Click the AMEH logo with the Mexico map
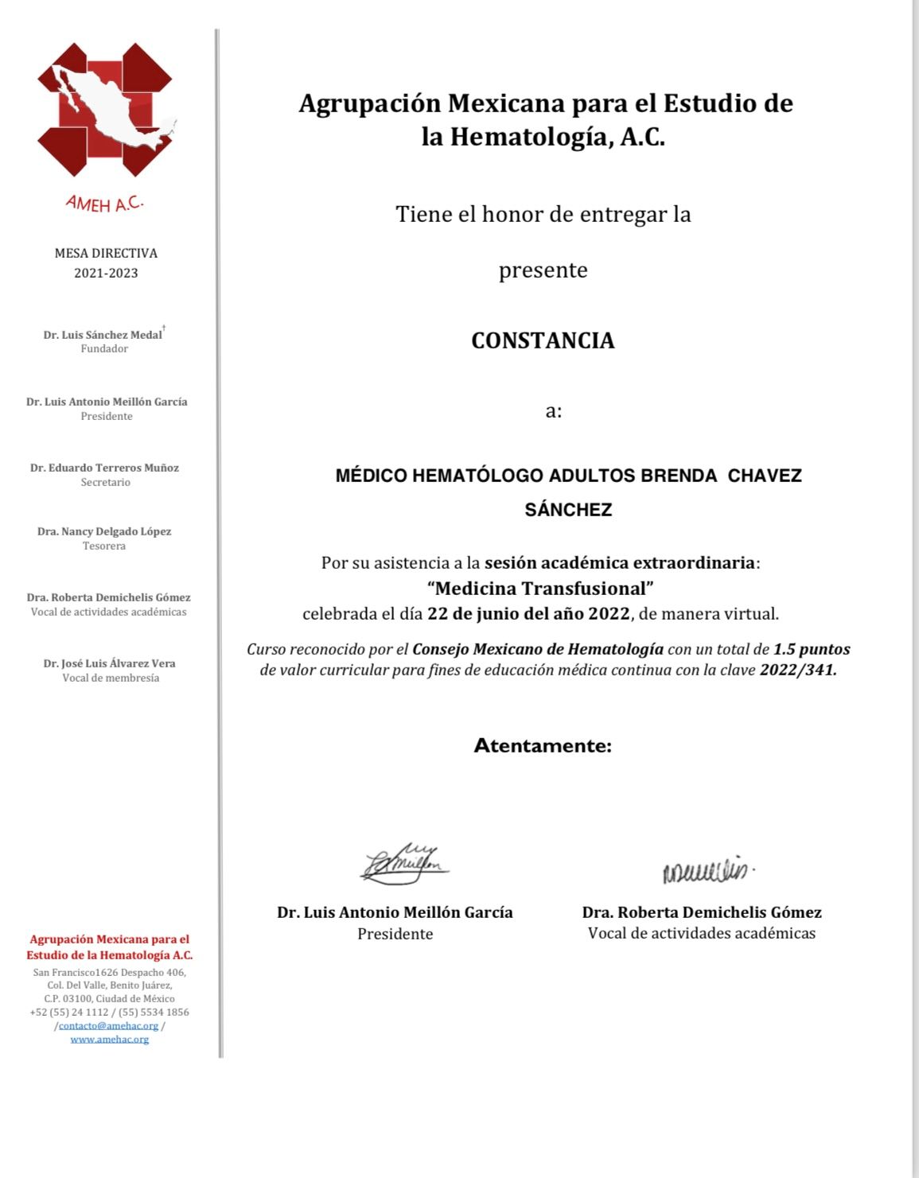[106, 110]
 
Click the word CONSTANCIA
[543, 340]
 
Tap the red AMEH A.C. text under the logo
[104, 204]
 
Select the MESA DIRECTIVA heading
[106, 253]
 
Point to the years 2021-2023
[106, 273]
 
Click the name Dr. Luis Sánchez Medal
[103, 335]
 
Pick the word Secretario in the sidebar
[105, 482]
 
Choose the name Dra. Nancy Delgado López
[104, 531]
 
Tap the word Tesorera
[104, 546]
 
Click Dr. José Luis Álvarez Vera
[110, 663]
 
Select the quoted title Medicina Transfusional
[540, 589]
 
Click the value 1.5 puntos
[812, 649]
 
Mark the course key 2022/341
[798, 670]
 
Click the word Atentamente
[543, 746]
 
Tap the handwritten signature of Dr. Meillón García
[404, 864]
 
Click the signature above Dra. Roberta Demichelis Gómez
[707, 870]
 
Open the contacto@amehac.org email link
[108, 1026]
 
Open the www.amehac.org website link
[110, 1039]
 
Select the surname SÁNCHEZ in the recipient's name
[568, 510]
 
